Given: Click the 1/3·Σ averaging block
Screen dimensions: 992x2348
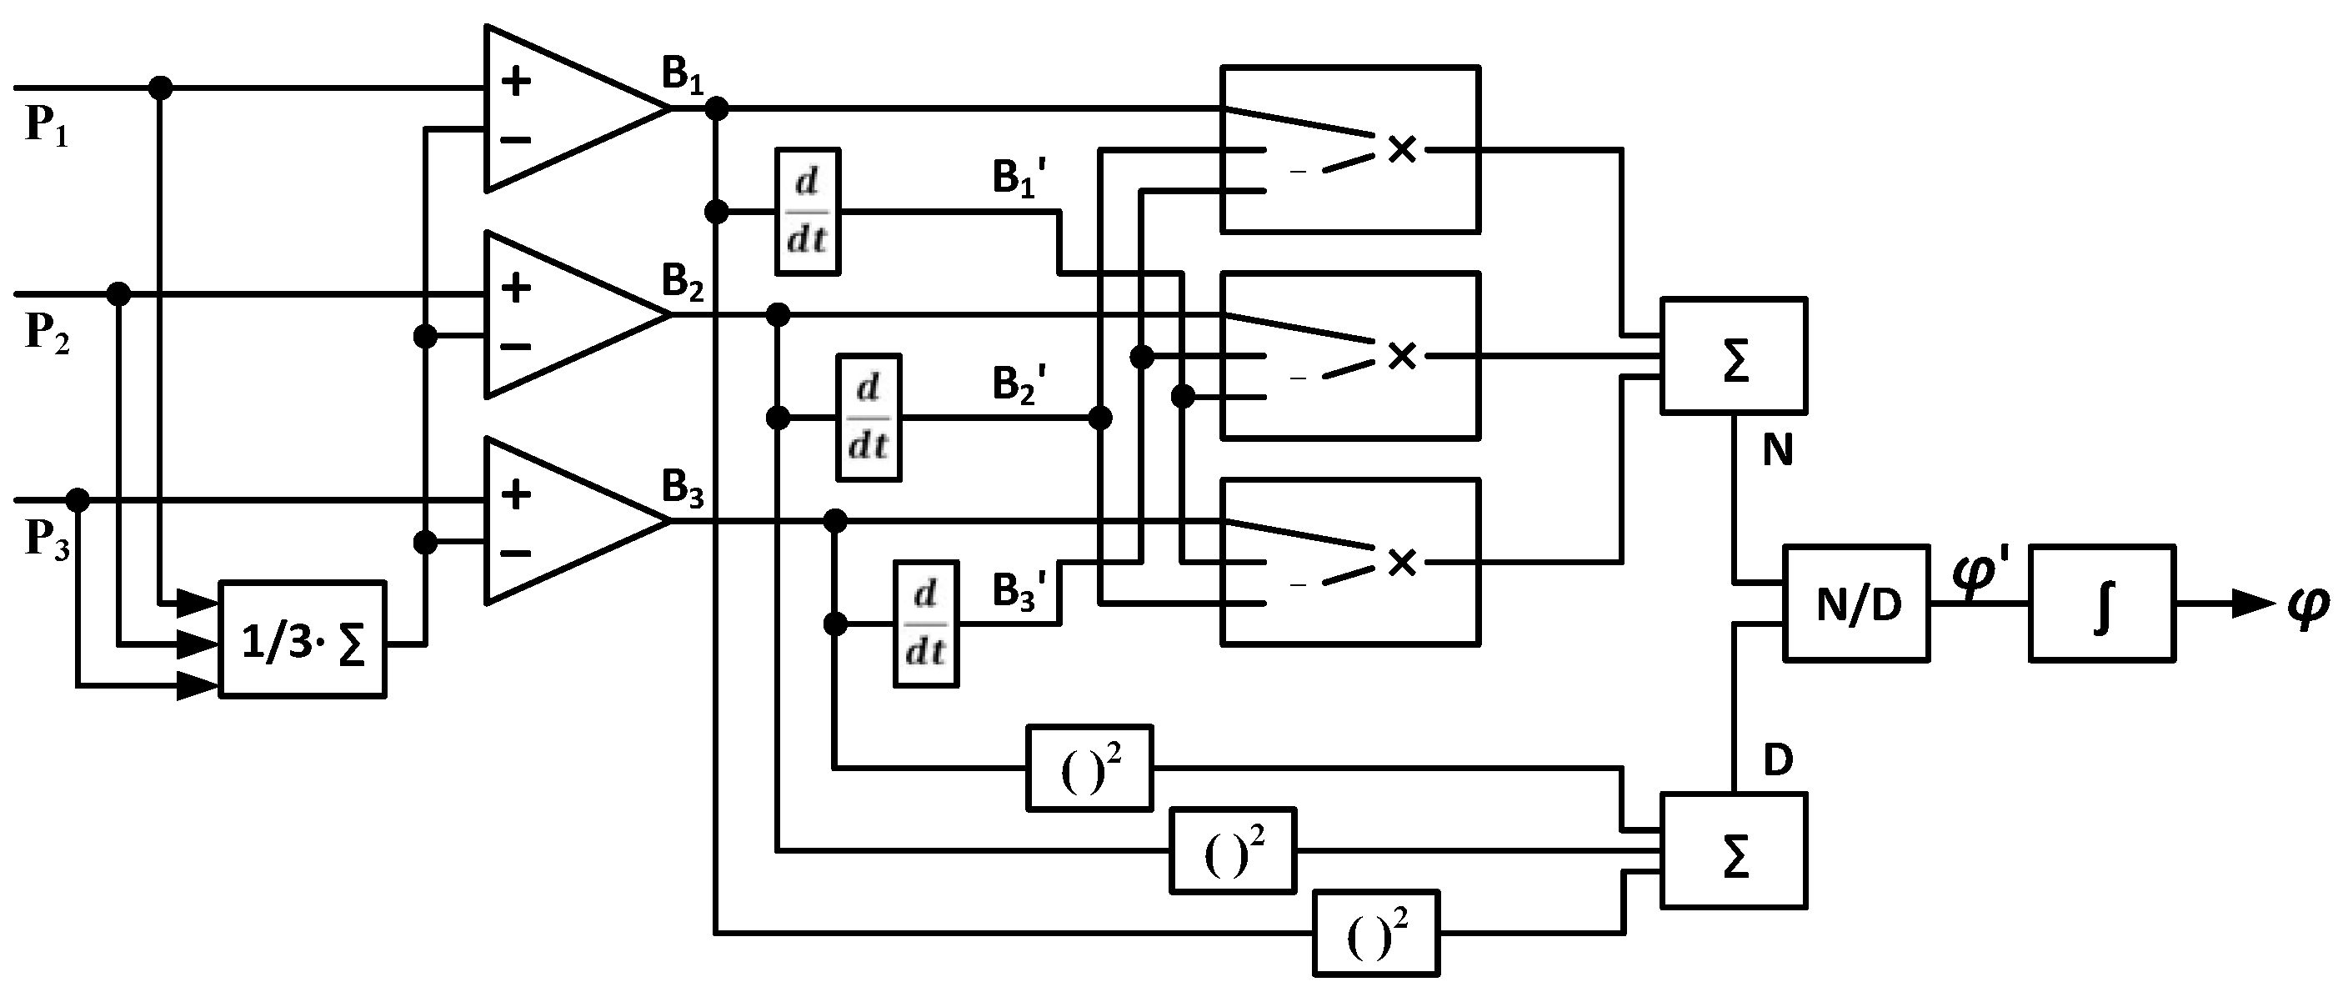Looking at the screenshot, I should pos(303,640).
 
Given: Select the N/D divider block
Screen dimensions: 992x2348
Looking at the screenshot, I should pos(1855,604).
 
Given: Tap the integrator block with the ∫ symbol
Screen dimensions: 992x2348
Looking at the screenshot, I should pos(2102,604).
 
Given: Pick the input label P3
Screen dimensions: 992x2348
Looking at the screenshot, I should pos(46,538).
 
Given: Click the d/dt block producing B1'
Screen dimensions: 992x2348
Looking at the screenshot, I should pos(808,212).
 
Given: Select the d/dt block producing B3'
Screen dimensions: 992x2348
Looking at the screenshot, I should pos(925,624).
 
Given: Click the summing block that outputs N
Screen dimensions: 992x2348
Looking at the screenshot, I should pos(1734,357).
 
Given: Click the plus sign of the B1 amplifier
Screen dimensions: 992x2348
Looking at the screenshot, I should pos(516,82).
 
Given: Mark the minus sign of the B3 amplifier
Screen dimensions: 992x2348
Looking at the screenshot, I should pos(516,554).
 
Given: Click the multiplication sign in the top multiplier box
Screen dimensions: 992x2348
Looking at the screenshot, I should pos(1402,149).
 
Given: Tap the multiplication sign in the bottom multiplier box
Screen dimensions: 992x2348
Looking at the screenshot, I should pos(1402,563).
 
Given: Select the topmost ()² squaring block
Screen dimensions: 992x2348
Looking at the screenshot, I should pos(1089,768).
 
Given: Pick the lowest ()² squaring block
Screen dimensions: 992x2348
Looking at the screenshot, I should pos(1375,934).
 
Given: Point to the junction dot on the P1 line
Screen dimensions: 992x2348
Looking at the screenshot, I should pos(160,88).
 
